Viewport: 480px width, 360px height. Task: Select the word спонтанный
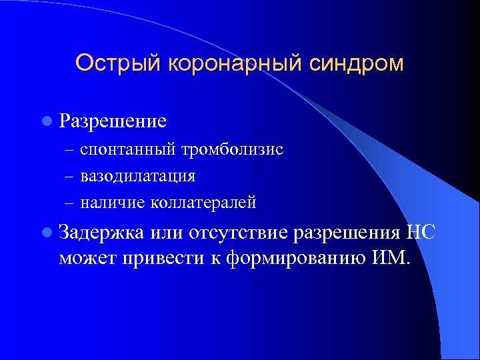128,150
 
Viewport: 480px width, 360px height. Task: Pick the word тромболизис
233,150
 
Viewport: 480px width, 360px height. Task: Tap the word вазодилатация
138,176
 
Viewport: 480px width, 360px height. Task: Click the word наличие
110,202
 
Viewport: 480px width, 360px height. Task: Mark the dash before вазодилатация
70,177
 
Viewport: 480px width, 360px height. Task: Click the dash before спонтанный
70,151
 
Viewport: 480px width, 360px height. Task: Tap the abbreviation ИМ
393,257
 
